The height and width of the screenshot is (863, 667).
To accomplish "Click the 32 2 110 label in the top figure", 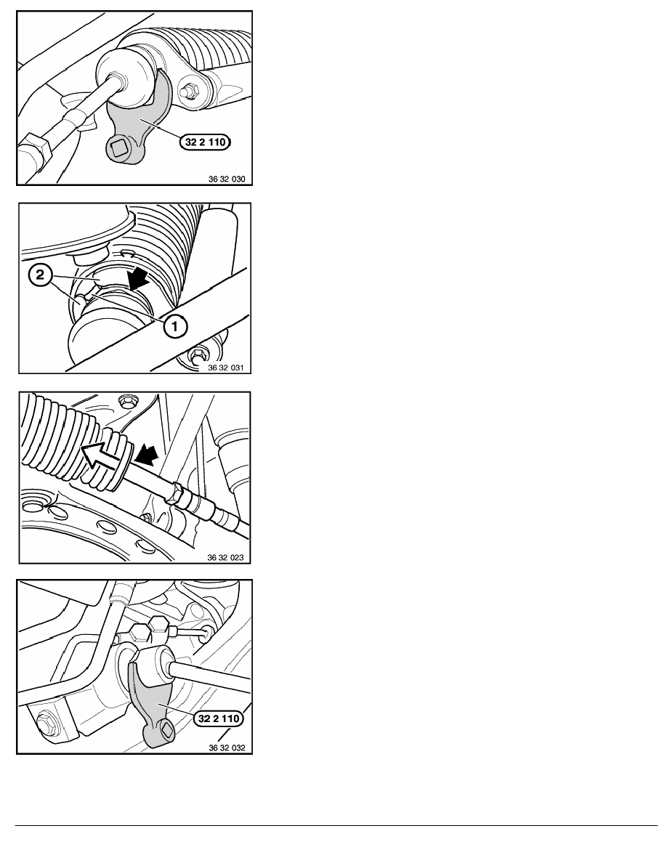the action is (x=206, y=142).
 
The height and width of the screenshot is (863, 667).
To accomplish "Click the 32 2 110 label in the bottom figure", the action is (x=219, y=718).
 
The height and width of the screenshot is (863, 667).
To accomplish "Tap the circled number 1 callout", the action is (x=174, y=326).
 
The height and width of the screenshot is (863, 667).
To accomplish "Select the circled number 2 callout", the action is (x=40, y=275).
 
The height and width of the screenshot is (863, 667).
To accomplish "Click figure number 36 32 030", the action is (x=226, y=179).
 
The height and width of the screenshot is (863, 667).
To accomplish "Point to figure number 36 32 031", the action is (x=225, y=368).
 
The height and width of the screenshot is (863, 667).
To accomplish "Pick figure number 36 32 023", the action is (x=225, y=557).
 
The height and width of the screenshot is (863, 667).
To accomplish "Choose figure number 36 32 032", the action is (x=227, y=748).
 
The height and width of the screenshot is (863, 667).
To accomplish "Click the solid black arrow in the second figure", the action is (x=137, y=278).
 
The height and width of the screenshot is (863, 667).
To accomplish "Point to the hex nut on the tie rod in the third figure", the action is (x=176, y=491).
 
